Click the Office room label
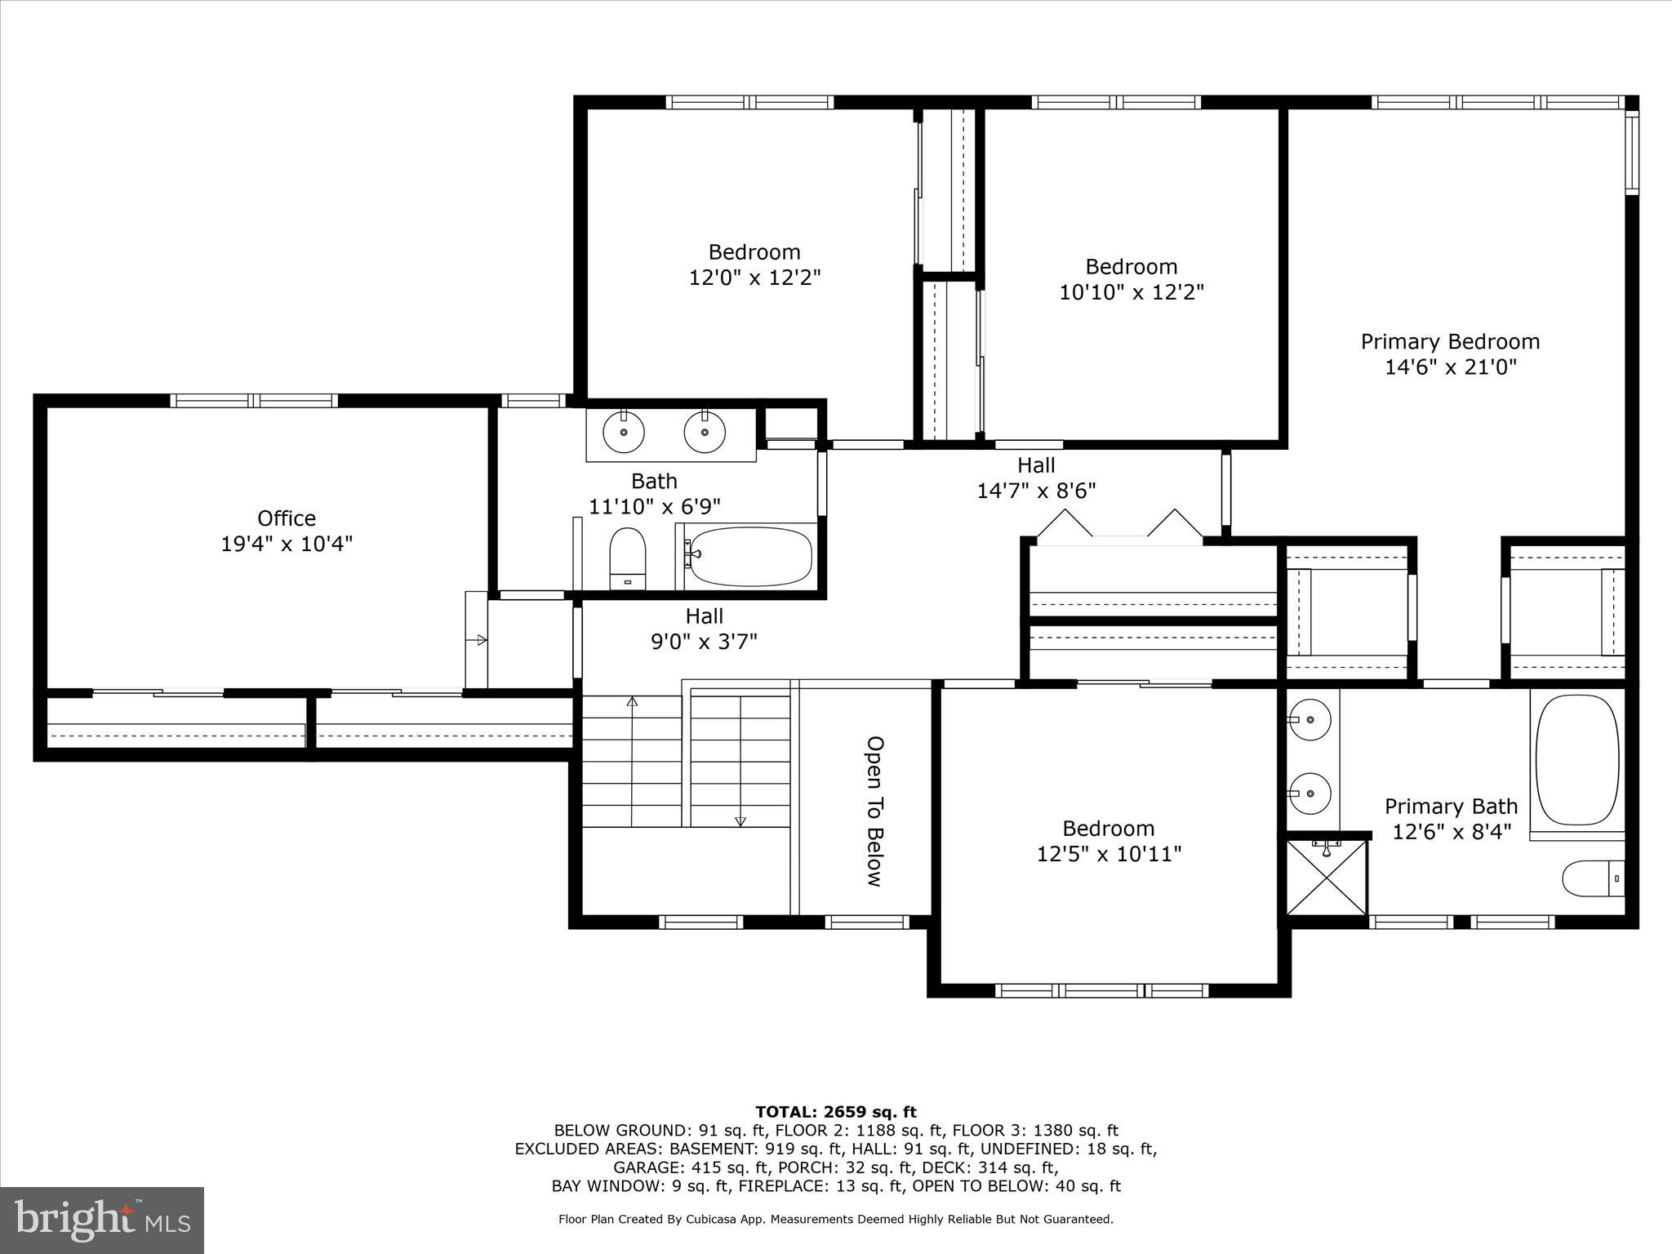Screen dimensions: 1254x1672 click(287, 518)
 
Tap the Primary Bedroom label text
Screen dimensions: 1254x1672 click(1450, 341)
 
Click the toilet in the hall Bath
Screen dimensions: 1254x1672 click(628, 558)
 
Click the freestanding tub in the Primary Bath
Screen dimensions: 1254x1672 click(1576, 759)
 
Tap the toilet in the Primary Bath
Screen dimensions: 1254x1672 click(1593, 878)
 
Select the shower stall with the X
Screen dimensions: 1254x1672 click(1326, 878)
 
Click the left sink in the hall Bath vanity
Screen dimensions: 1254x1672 click(623, 431)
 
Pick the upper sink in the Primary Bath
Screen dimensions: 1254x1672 click(1309, 720)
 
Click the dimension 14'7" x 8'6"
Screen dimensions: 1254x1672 click(1036, 491)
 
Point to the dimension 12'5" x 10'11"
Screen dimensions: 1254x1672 click(1109, 854)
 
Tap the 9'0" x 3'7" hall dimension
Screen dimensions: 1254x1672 click(704, 642)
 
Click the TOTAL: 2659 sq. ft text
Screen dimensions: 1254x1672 click(836, 1112)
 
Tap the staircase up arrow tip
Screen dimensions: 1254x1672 click(632, 699)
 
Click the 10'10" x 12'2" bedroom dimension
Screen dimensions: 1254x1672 click(1132, 292)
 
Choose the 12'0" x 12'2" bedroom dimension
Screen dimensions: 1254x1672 click(754, 278)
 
